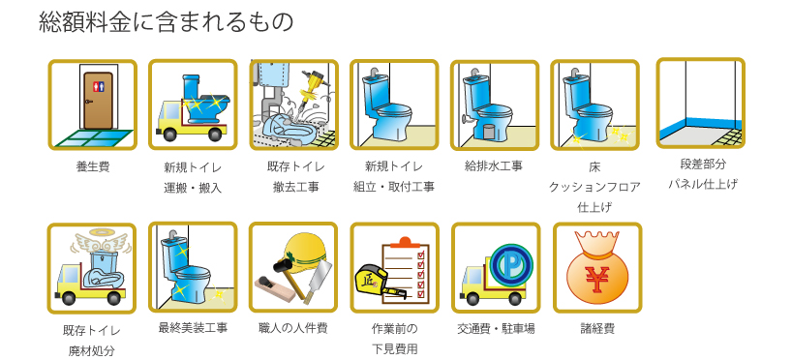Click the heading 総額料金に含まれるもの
(x=166, y=21)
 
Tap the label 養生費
(x=93, y=166)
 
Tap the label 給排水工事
(x=494, y=165)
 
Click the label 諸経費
(x=596, y=328)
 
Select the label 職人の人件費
(x=293, y=328)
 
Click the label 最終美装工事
(x=193, y=328)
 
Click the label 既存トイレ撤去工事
(x=293, y=176)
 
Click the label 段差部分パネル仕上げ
(x=701, y=173)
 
